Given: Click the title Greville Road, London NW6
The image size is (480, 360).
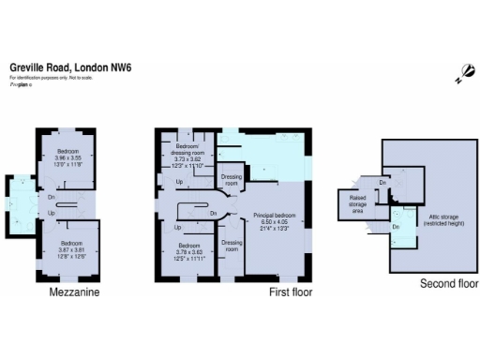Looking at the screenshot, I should [x=70, y=67].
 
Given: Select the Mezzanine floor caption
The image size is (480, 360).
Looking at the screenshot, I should [x=74, y=292].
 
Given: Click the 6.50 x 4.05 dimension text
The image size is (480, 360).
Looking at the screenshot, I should [x=278, y=223].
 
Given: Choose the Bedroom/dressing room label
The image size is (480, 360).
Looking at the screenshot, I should [x=189, y=149].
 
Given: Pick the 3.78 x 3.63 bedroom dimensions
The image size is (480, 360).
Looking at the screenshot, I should [x=191, y=254].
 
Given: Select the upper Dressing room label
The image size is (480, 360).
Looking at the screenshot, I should [x=231, y=178].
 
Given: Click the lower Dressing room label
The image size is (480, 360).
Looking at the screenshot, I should [x=232, y=245].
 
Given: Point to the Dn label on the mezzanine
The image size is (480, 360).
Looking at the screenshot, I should [x=51, y=197].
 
